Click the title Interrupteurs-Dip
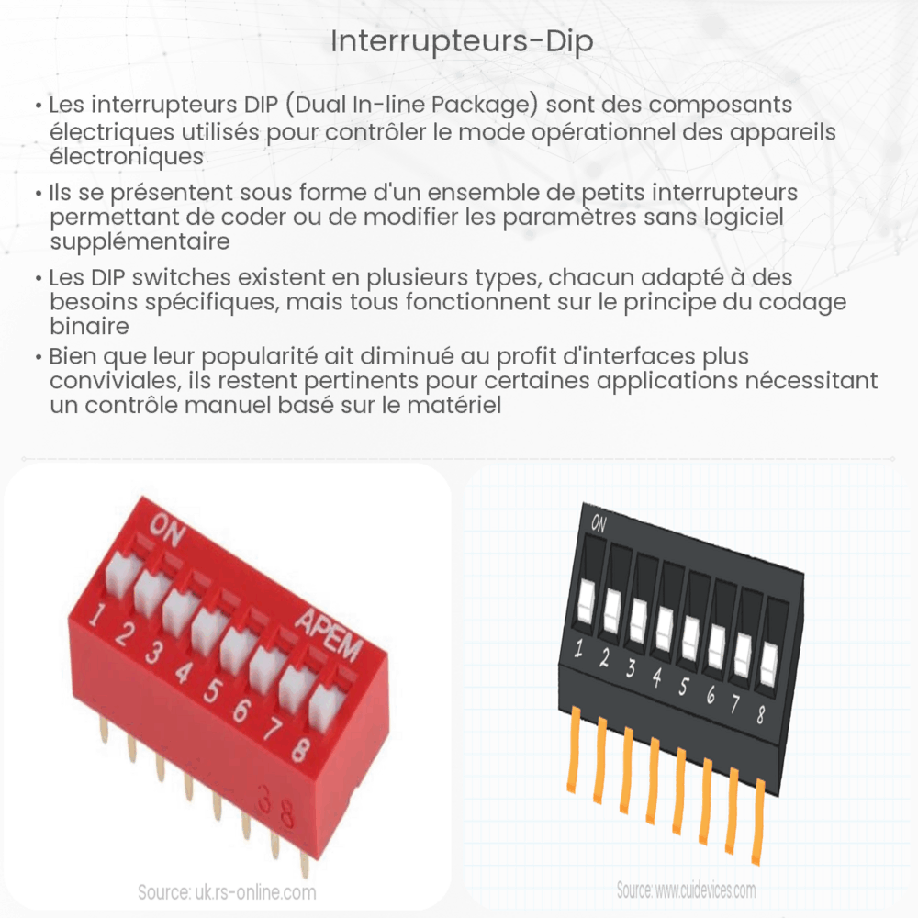458,43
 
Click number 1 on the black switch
579,651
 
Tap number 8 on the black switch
759,713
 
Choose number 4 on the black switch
656,679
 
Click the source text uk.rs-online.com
227,891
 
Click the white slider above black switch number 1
586,605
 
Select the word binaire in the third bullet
88,328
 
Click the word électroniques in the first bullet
126,156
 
